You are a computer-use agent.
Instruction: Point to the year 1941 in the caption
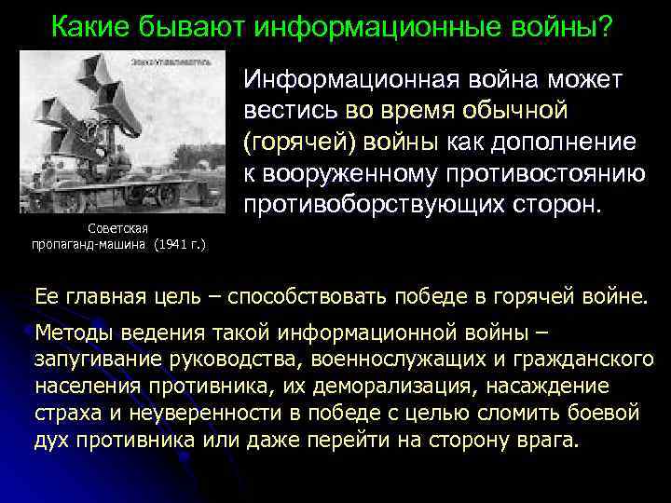(x=176, y=244)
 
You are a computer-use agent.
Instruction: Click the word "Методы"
(x=72, y=333)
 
